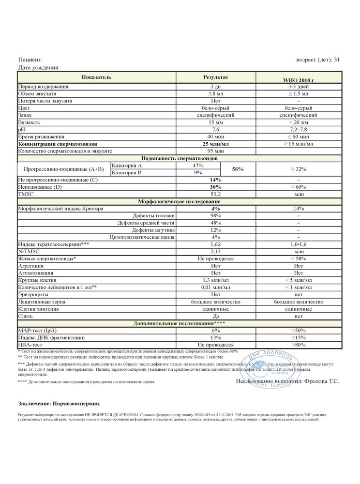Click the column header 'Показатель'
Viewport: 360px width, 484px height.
(96, 77)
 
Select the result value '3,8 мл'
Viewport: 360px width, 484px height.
(216, 93)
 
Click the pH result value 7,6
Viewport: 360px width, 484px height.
(216, 130)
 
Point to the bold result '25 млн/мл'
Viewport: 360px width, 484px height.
(216, 144)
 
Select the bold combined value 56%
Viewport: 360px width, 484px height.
(238, 169)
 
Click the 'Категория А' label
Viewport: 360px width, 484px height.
(127, 166)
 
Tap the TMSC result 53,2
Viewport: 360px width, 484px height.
(216, 194)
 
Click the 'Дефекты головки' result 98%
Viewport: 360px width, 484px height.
(216, 215)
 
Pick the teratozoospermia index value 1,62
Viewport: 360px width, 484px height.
(216, 244)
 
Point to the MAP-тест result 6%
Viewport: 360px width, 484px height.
(216, 330)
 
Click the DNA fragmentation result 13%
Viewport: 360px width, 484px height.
(216, 337)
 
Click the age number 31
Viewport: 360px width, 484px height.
(337, 60)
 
